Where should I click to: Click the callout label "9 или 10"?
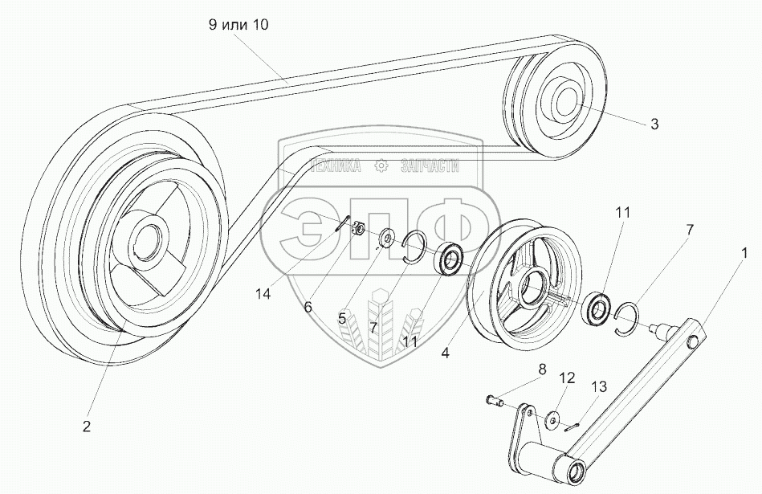pyautogui.click(x=238, y=25)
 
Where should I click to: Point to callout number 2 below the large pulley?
pyautogui.click(x=86, y=427)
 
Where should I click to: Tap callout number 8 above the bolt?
pyautogui.click(x=541, y=370)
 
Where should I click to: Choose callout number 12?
pyautogui.click(x=567, y=378)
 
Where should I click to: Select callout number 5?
pyautogui.click(x=341, y=319)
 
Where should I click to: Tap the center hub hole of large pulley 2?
pyautogui.click(x=148, y=239)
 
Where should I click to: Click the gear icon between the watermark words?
pyautogui.click(x=381, y=166)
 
